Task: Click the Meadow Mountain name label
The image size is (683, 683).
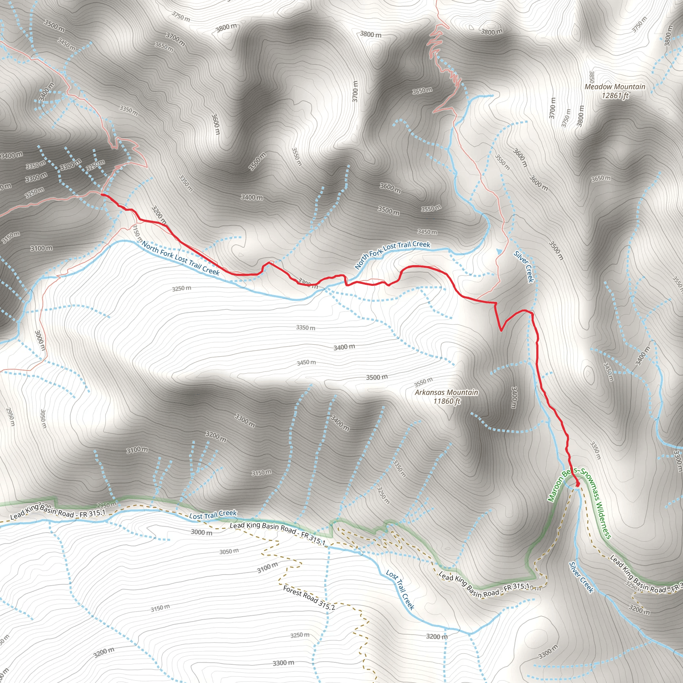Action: tap(615, 87)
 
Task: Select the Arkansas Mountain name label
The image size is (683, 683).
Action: tap(446, 393)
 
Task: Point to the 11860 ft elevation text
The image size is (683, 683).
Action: tap(447, 401)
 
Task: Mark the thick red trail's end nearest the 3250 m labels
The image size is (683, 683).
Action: tap(102, 194)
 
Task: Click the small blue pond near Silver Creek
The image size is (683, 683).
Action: tap(499, 251)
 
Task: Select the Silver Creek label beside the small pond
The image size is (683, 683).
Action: tap(524, 266)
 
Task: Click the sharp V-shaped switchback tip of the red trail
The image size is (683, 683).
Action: tap(501, 330)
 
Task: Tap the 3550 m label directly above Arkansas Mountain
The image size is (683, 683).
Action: tap(423, 382)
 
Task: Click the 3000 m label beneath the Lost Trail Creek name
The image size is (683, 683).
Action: tap(201, 532)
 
